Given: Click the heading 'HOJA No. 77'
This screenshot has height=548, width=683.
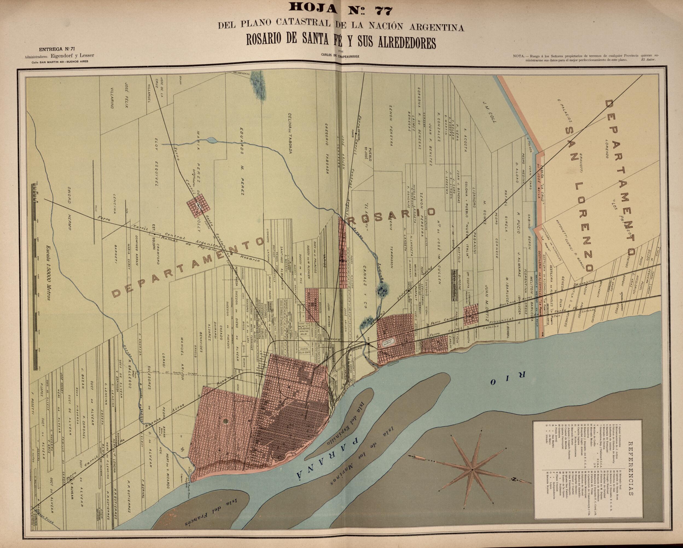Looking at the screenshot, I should tap(341, 10).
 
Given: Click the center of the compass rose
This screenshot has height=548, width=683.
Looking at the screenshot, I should tap(472, 469).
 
